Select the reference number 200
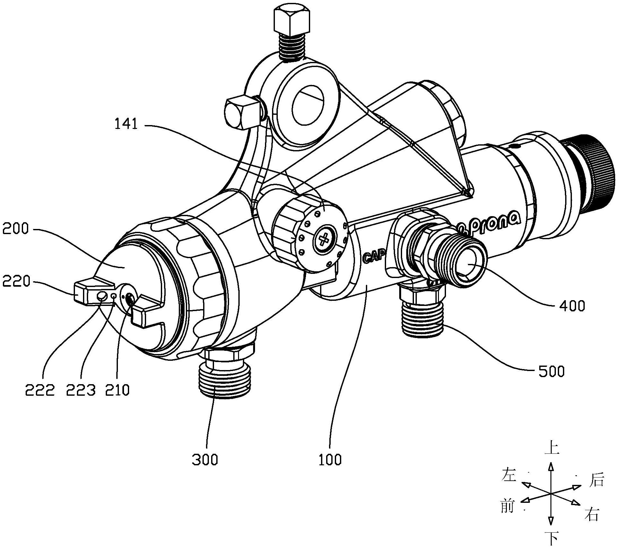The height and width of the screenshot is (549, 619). point(15,229)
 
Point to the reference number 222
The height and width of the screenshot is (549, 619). point(40,390)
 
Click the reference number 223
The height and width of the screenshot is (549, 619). point(81,390)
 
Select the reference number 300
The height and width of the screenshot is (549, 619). point(205,460)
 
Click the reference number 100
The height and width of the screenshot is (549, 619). point(330,460)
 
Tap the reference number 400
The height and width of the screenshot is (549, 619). point(572,306)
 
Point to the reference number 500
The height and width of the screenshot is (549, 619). point(551,371)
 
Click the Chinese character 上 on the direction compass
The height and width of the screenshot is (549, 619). point(551,447)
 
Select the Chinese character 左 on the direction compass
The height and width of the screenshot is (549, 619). point(509,475)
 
